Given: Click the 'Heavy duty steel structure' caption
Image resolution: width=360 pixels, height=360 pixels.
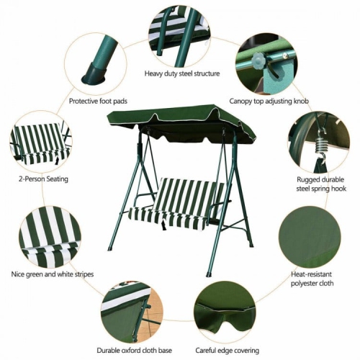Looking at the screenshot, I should point(182,73).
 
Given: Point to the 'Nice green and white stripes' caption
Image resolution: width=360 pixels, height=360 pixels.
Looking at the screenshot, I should point(52,274).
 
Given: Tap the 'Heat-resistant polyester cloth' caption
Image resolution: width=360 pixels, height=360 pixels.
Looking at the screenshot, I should point(312,279).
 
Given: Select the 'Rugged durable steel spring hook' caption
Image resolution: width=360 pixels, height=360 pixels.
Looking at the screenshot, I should point(312,184).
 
